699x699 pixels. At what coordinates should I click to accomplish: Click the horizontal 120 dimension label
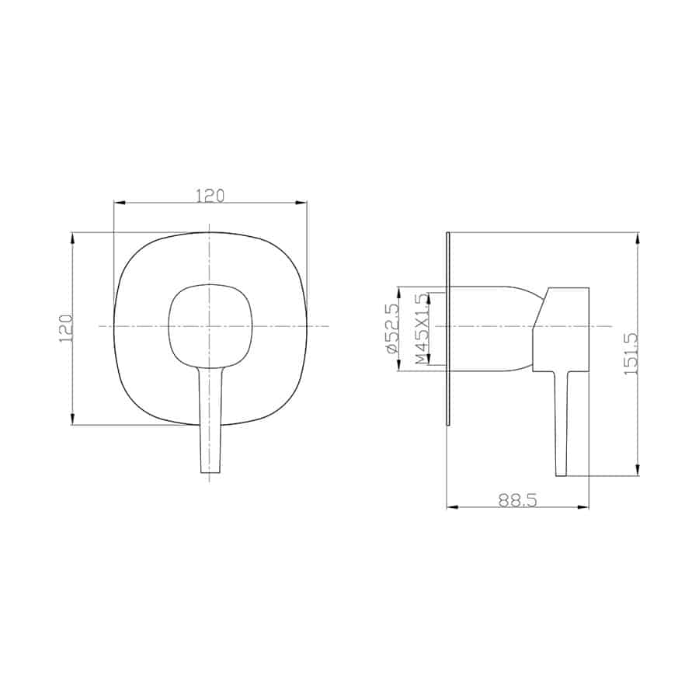pos(210,195)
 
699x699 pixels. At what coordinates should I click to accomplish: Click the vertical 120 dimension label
pos(66,328)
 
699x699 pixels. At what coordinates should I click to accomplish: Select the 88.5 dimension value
pos(517,500)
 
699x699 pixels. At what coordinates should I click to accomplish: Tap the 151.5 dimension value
pos(631,353)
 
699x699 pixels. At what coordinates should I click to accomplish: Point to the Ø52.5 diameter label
pos(391,329)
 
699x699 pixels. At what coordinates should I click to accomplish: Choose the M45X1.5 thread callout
pos(421,329)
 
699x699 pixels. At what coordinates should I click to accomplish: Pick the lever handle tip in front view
pos(210,471)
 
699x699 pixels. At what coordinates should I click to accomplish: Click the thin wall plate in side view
pos(449,329)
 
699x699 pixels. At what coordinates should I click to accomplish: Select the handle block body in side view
pos(562,329)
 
